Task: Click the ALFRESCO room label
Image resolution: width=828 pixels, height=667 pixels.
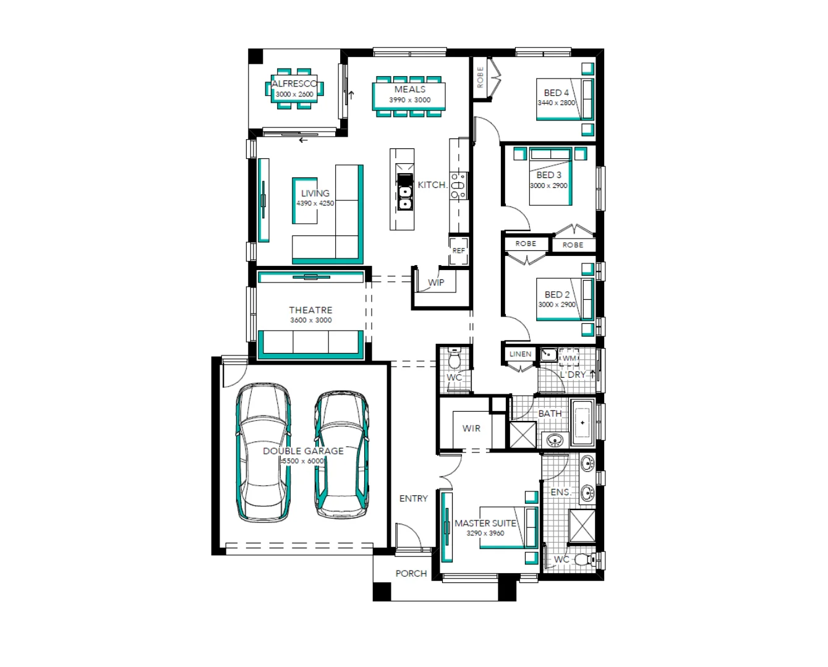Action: point(294,83)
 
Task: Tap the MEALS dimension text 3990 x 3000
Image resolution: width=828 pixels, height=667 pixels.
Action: point(409,100)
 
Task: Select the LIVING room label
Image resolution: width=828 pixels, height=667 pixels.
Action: point(315,193)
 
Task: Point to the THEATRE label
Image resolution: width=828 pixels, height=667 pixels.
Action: point(310,310)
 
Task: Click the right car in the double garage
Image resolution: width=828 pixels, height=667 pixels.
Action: point(341,454)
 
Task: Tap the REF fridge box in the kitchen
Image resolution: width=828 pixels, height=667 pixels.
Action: point(458,250)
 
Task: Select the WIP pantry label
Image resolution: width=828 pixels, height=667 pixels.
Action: point(436,283)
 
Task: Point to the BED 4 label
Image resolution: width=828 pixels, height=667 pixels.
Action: point(557,93)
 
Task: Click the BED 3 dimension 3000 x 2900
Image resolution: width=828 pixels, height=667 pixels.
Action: point(548,185)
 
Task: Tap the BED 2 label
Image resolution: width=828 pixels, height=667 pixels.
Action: point(557,295)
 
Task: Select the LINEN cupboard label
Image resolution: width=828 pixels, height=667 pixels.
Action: point(520,354)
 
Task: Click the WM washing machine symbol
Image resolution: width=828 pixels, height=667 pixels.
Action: point(569,358)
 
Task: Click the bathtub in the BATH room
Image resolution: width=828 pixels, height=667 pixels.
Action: point(582,422)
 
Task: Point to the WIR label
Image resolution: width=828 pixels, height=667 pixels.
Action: point(471,428)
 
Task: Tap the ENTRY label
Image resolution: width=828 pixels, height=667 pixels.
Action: point(413,499)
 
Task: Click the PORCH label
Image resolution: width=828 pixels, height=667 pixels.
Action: point(411,574)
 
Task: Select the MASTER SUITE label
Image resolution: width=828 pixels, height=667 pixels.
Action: point(485,524)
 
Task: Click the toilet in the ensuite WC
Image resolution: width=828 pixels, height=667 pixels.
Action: point(583,560)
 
